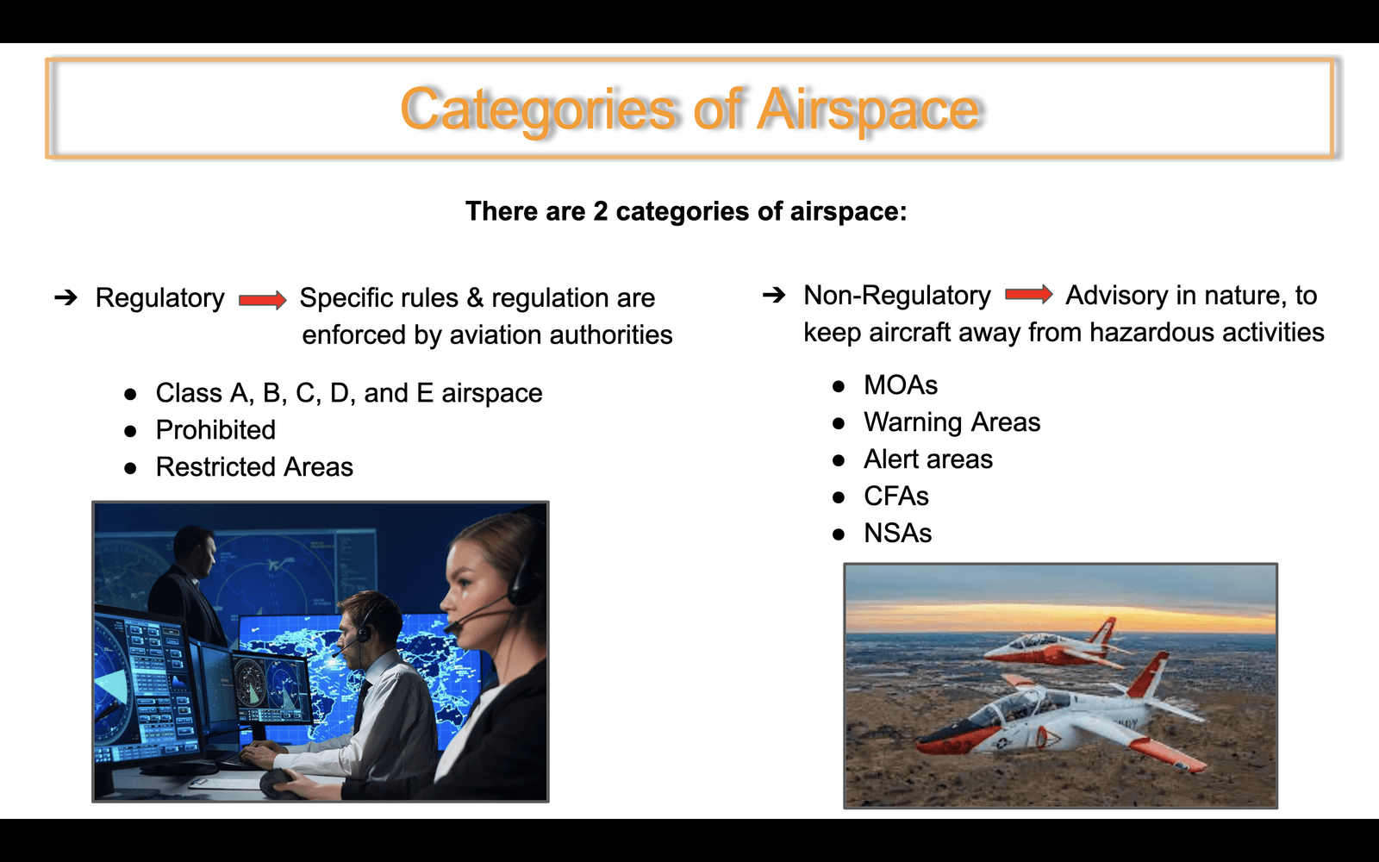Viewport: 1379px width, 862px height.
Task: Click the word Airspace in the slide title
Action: (x=868, y=111)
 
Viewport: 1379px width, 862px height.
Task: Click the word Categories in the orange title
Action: (x=538, y=111)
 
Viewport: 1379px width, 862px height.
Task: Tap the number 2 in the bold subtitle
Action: (x=600, y=211)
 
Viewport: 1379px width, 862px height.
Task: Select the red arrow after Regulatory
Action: (x=263, y=300)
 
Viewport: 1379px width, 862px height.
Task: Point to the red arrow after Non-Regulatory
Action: (x=1029, y=294)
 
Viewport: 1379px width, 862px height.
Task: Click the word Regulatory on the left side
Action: (x=160, y=298)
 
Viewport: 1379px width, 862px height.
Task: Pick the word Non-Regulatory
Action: (x=897, y=296)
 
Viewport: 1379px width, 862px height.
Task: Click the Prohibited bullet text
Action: (x=215, y=430)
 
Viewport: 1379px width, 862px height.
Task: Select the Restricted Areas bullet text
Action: (x=254, y=466)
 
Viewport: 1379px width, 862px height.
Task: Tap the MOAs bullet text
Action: (x=901, y=385)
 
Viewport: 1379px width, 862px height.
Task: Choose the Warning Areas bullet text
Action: (x=952, y=422)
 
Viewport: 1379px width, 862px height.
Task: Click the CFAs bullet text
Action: (x=896, y=497)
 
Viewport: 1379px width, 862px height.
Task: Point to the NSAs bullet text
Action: (x=897, y=534)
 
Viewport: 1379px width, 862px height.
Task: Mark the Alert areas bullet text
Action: (x=928, y=459)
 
